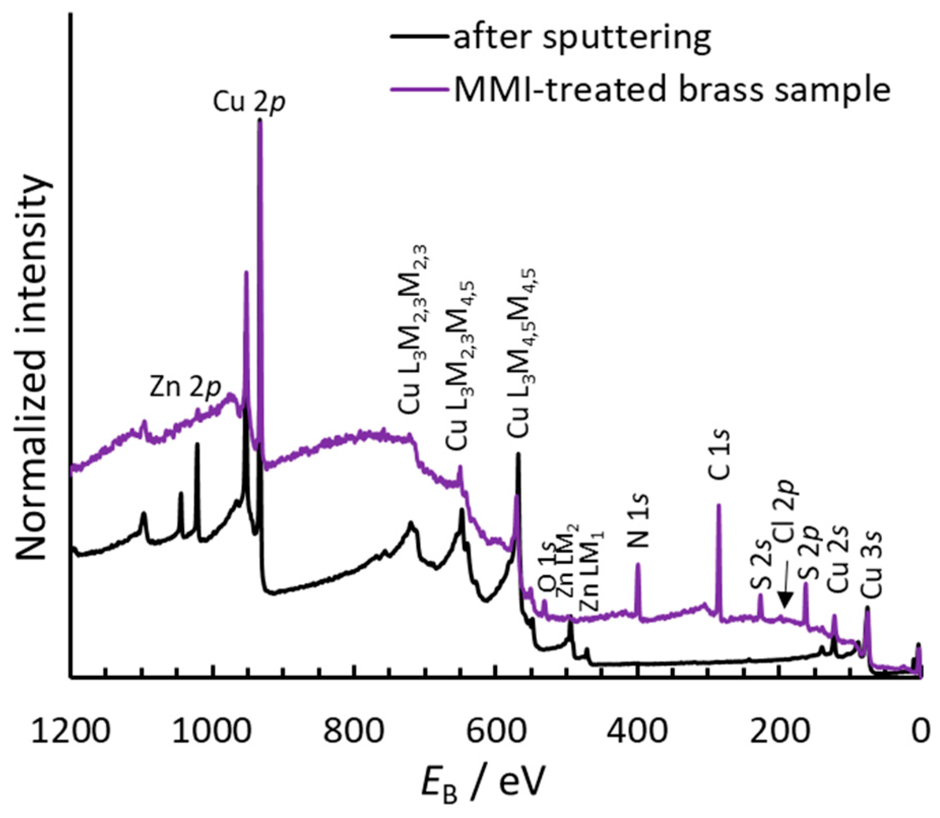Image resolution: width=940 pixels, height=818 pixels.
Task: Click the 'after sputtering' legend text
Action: click(x=581, y=38)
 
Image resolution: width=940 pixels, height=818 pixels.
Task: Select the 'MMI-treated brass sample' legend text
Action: click(x=672, y=90)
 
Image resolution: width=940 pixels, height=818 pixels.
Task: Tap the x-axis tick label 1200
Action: click(x=70, y=732)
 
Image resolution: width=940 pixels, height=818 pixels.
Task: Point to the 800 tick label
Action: click(x=353, y=732)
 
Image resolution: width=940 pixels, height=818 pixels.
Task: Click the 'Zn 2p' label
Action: click(x=185, y=388)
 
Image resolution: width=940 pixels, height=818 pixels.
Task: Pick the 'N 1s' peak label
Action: click(x=639, y=520)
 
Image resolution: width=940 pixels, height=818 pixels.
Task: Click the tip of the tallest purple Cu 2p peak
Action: click(x=260, y=120)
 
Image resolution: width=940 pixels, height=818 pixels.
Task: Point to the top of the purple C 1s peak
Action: click(x=719, y=505)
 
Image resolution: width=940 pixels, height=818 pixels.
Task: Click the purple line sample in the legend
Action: click(x=419, y=89)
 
